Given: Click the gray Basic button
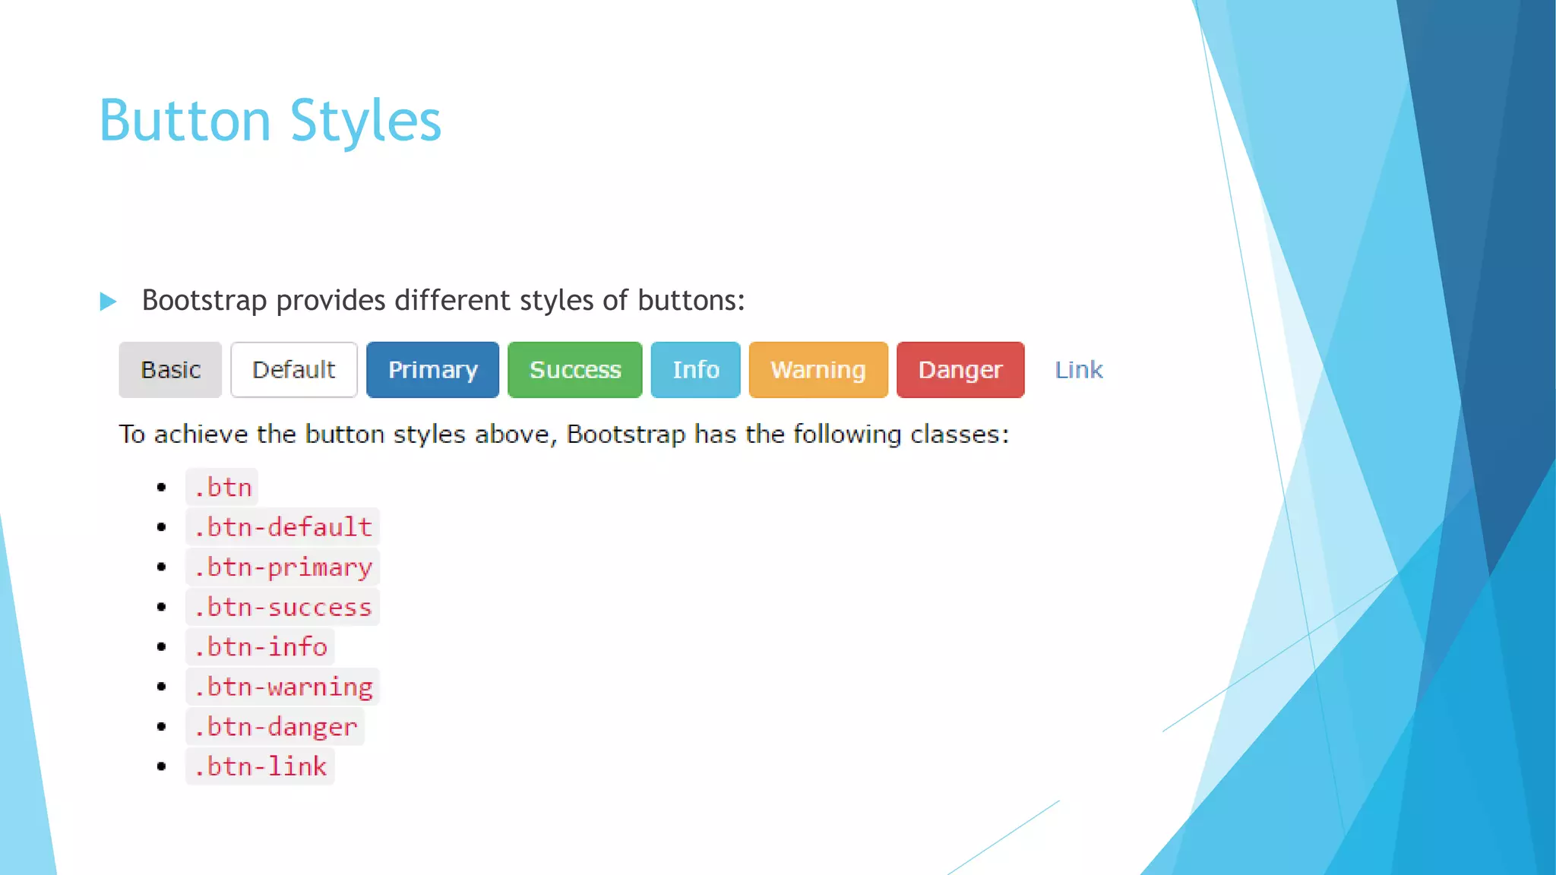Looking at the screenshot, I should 170,370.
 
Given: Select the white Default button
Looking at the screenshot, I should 294,370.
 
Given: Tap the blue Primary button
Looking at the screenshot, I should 432,370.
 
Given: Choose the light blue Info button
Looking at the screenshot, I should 695,370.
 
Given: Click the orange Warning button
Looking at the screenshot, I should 818,370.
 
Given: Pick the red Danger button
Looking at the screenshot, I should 960,370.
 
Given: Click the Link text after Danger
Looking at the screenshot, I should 1078,370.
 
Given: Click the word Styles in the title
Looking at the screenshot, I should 365,122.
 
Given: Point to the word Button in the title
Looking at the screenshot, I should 185,122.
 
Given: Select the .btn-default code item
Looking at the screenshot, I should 282,527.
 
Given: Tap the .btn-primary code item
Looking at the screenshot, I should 282,567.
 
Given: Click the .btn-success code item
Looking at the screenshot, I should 282,607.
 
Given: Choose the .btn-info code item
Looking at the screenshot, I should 260,647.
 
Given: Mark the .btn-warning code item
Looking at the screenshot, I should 282,687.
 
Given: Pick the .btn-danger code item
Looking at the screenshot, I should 274,727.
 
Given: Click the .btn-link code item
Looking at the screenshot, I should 260,766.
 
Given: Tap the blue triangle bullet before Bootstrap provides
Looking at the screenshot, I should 108,302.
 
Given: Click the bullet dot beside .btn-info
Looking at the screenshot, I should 161,647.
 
